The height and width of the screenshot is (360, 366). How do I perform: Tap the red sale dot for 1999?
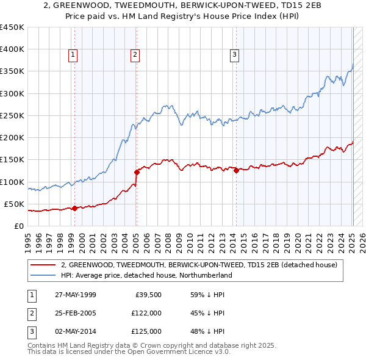[74, 208]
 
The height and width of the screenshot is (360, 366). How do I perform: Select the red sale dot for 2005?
[137, 172]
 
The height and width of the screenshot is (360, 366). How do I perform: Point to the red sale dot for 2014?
[235, 170]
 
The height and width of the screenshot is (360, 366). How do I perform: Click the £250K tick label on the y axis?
[12, 115]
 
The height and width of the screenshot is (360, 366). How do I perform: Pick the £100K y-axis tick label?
[12, 182]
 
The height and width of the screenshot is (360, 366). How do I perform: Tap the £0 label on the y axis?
[19, 226]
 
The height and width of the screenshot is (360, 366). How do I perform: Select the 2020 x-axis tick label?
[297, 239]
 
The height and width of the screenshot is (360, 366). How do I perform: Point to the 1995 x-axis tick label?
[27, 239]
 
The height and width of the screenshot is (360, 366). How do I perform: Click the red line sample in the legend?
[43, 265]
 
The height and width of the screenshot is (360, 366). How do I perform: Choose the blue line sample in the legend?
[43, 276]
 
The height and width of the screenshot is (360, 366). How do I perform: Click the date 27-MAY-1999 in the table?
[75, 295]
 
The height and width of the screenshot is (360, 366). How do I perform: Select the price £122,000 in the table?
[146, 313]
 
